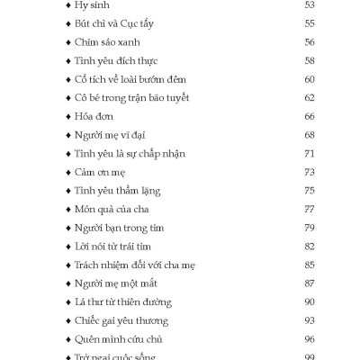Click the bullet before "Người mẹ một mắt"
[x=70, y=283]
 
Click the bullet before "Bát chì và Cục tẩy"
[x=70, y=23]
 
